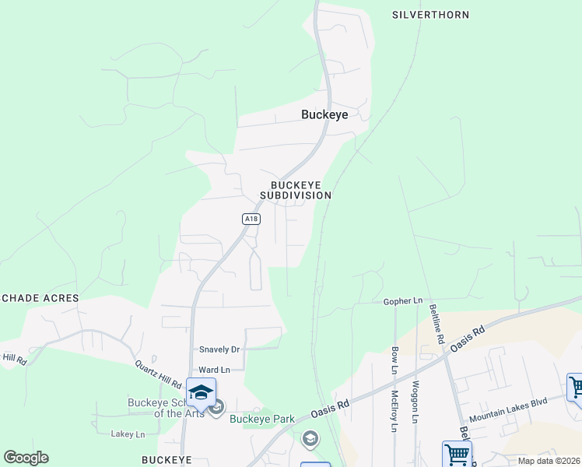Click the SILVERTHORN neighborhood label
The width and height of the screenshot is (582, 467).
click(431, 15)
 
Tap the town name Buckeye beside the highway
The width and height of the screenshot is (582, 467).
click(324, 114)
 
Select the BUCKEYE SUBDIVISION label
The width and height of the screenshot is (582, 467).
click(301, 190)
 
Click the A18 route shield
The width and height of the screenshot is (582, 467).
click(250, 219)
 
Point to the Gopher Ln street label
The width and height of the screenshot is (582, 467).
click(402, 300)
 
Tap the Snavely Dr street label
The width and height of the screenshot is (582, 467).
click(219, 349)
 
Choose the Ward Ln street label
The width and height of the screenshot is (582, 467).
click(215, 369)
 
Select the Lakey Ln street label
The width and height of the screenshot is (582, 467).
click(128, 434)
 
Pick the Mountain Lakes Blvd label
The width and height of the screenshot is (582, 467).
click(508, 408)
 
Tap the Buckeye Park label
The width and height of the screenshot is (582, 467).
click(262, 419)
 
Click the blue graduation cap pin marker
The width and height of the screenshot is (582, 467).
click(201, 392)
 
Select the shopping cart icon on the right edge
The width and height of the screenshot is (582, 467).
click(576, 387)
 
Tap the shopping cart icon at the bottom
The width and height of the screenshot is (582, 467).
click(457, 453)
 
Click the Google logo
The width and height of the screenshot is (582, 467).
click(26, 458)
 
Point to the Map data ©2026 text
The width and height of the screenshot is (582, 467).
click(549, 461)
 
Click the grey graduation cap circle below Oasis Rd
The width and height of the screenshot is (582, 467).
click(310, 439)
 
